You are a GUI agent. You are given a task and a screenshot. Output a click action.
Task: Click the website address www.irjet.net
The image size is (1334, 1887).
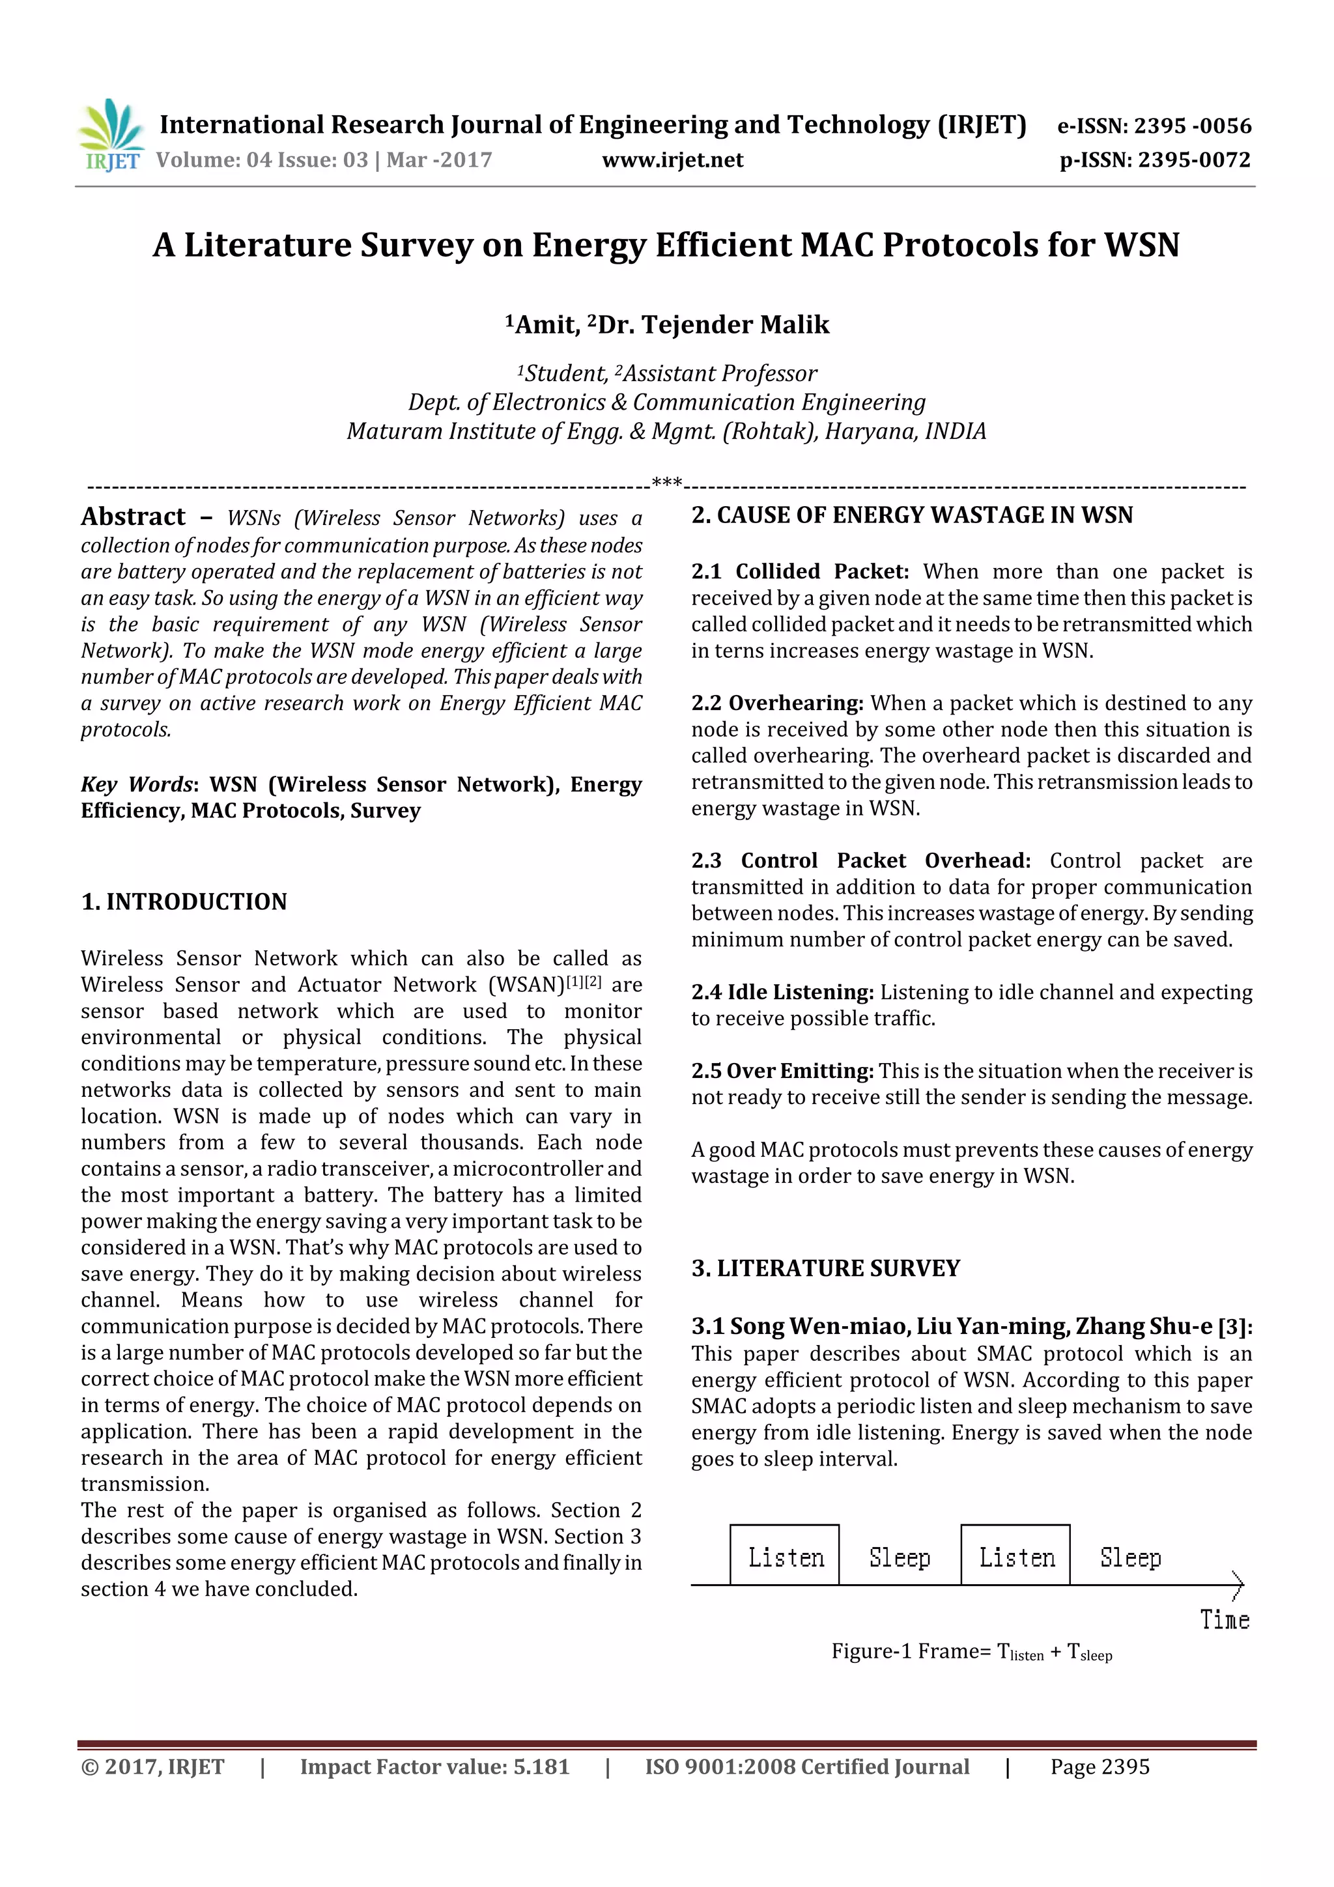(x=672, y=160)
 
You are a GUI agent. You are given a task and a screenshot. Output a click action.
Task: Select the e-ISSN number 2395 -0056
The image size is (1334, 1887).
(x=1192, y=126)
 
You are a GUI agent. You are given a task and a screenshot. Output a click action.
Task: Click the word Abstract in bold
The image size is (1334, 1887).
(x=133, y=517)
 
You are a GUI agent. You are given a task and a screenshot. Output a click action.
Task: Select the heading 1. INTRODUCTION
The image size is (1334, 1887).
(x=184, y=901)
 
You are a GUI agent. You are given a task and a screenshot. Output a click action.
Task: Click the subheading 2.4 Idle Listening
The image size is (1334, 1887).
(x=782, y=992)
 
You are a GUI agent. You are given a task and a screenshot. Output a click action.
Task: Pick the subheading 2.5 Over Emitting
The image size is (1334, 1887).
(x=782, y=1071)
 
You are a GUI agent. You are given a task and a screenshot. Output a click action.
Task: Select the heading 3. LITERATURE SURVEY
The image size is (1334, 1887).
(x=825, y=1268)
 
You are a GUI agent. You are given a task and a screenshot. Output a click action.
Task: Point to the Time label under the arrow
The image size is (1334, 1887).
(x=1224, y=1620)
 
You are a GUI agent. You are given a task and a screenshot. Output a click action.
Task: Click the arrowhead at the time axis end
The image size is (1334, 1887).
(x=1238, y=1585)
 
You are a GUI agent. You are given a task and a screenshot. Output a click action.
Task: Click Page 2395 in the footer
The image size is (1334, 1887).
(x=1099, y=1767)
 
